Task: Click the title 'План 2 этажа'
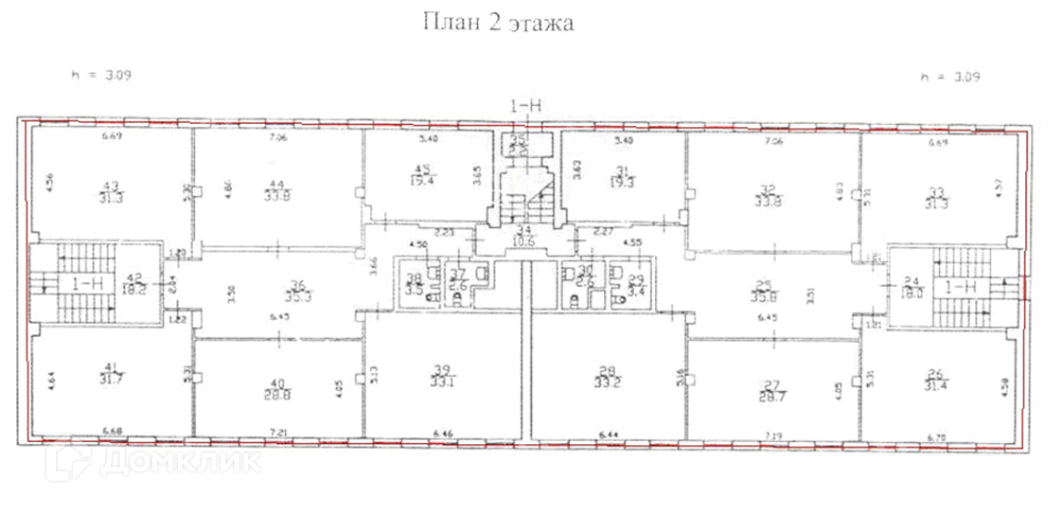[x=498, y=23]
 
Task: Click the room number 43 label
[x=111, y=186]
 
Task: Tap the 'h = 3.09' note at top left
[x=99, y=75]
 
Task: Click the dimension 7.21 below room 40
[x=278, y=433]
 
